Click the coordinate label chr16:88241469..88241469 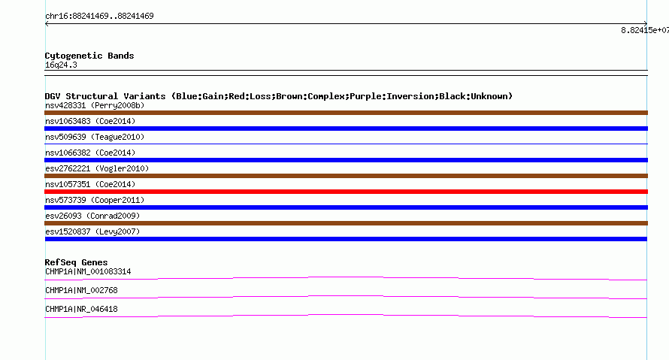pyautogui.click(x=99, y=17)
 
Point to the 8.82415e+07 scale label pyautogui.click(x=645, y=30)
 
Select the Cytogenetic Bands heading pyautogui.click(x=89, y=56)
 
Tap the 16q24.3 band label pyautogui.click(x=61, y=65)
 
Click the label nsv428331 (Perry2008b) pyautogui.click(x=95, y=105)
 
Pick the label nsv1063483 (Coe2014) pyautogui.click(x=90, y=121)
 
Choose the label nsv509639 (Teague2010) pyautogui.click(x=95, y=137)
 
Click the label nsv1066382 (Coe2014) pyautogui.click(x=90, y=153)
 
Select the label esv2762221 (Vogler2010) pyautogui.click(x=97, y=168)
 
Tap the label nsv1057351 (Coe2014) pyautogui.click(x=90, y=184)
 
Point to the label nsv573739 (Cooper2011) pyautogui.click(x=95, y=200)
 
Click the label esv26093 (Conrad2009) pyautogui.click(x=92, y=216)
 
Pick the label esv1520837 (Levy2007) pyautogui.click(x=92, y=231)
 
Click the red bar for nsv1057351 pyautogui.click(x=346, y=192)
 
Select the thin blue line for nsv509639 pyautogui.click(x=346, y=144)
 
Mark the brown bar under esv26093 pyautogui.click(x=346, y=223)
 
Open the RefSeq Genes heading pyautogui.click(x=76, y=262)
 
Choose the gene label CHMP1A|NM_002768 pyautogui.click(x=81, y=290)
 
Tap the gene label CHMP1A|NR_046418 pyautogui.click(x=81, y=309)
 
